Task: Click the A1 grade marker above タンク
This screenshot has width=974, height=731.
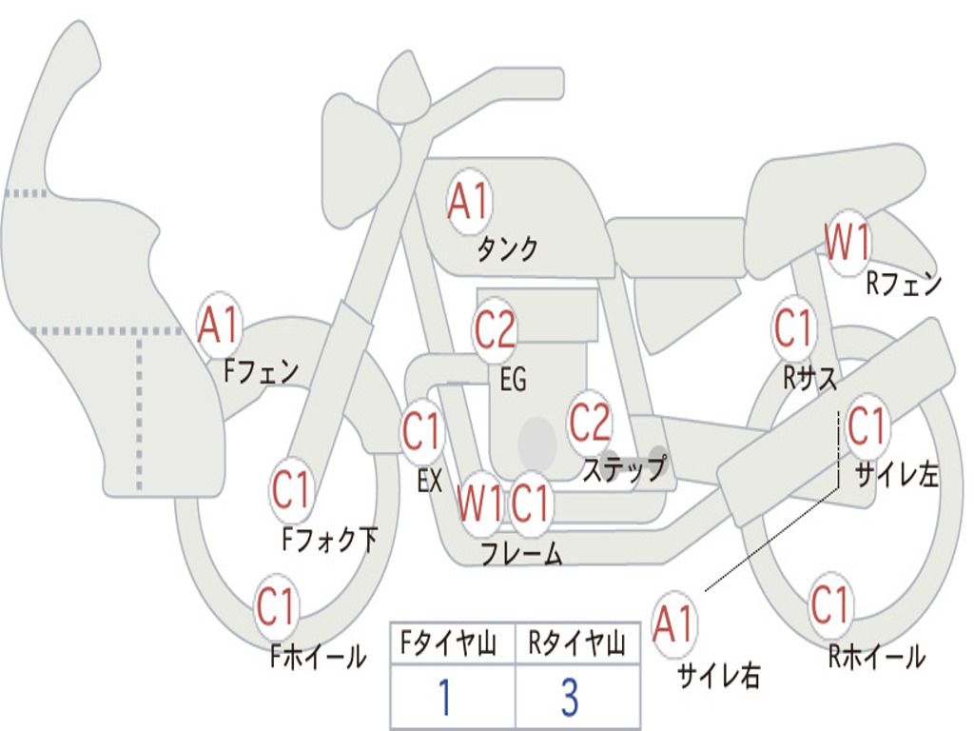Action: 468,202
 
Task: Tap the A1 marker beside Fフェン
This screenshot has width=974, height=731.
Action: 220,326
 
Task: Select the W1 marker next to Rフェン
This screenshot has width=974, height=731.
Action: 847,243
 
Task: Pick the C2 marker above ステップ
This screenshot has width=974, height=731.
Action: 590,422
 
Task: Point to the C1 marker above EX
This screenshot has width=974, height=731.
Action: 422,432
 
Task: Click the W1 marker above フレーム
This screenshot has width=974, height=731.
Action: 478,503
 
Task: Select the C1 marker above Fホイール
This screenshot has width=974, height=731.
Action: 277,607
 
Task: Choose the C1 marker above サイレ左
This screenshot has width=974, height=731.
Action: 866,425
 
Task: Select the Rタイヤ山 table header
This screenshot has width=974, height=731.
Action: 577,645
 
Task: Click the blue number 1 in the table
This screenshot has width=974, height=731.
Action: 444,698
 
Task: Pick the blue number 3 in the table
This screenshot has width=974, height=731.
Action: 569,698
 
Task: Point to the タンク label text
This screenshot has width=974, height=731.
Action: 507,249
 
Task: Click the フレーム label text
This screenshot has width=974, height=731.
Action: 520,554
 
